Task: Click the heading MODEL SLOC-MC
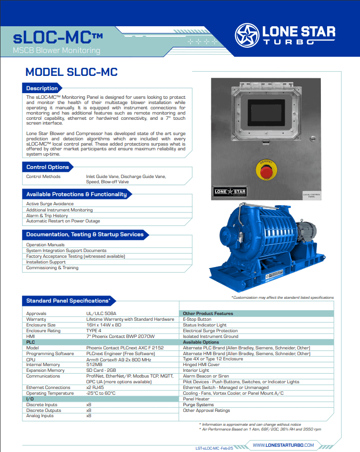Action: point(71,72)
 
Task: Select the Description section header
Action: point(42,88)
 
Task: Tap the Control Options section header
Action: point(47,167)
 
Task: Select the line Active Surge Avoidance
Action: point(50,204)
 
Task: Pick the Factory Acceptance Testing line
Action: point(75,256)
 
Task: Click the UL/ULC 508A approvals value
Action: point(102,314)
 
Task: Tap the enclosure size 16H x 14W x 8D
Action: point(105,325)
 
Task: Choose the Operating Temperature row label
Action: point(50,393)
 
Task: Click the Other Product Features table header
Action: point(208,314)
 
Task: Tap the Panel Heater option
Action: point(196,399)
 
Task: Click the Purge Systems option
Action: point(198,405)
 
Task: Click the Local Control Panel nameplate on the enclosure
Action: point(312,195)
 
